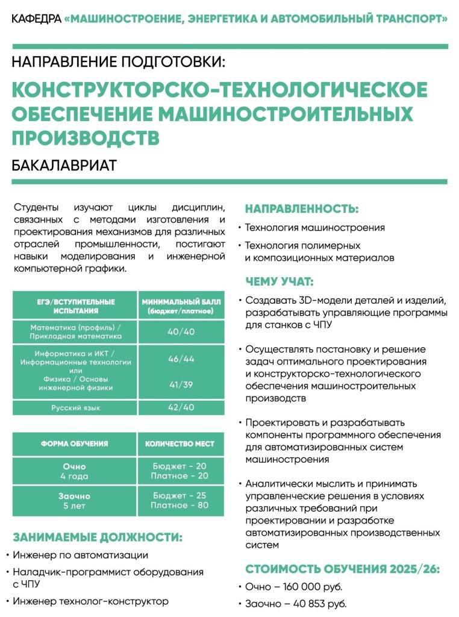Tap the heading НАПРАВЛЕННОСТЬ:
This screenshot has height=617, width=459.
point(301,209)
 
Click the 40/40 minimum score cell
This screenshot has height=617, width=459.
point(181,331)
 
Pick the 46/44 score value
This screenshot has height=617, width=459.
point(181,359)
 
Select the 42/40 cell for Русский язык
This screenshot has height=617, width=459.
point(181,407)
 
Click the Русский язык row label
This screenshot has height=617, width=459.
point(75,408)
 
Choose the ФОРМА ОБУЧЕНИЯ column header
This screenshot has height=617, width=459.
point(75,443)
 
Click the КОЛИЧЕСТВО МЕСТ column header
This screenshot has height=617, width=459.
point(180,443)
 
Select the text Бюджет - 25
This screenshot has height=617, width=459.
point(180,495)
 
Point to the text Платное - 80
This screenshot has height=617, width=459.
point(180,505)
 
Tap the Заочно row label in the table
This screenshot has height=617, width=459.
point(75,495)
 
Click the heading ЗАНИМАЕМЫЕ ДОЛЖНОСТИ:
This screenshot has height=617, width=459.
point(97,537)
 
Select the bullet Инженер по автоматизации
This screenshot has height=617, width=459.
point(80,555)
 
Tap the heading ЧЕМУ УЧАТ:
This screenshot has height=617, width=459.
point(279,281)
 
